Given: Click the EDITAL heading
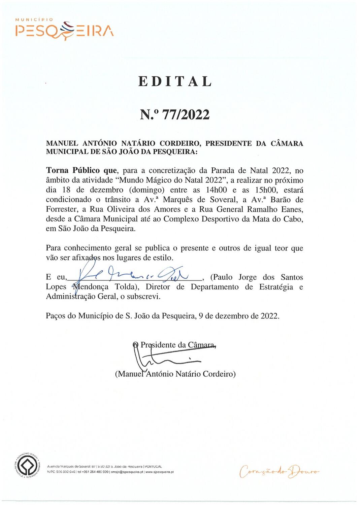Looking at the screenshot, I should (x=175, y=81).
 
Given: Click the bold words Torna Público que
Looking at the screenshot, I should (x=81, y=170).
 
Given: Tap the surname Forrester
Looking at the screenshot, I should (x=62, y=209).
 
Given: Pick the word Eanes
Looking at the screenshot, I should (x=292, y=209).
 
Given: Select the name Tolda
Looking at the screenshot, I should (x=125, y=287).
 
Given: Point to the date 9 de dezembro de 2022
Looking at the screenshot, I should (x=239, y=316).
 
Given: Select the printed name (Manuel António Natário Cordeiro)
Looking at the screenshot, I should (x=175, y=374).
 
